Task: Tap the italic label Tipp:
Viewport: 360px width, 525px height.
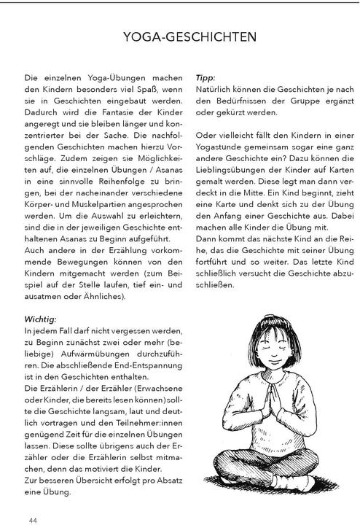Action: tap(207, 77)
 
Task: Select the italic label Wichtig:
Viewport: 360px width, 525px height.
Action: tap(41, 319)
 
